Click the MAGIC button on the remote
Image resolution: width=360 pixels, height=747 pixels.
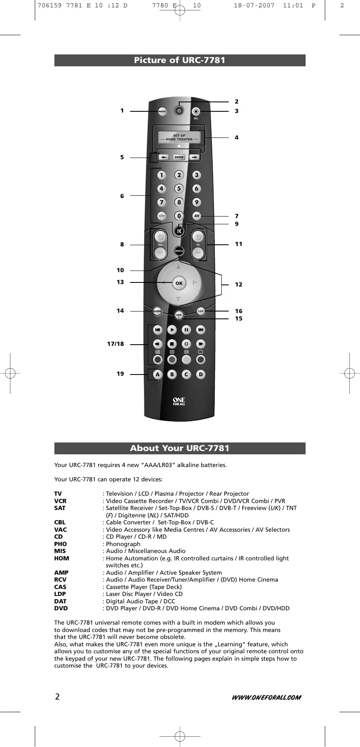pyautogui.click(x=162, y=111)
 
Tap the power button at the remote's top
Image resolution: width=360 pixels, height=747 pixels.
pyautogui.click(x=179, y=111)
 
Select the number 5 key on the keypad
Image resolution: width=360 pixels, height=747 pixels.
pyautogui.click(x=179, y=189)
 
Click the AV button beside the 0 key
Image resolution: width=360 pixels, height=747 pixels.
pyautogui.click(x=197, y=216)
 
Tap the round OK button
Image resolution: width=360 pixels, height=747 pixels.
pyautogui.click(x=179, y=283)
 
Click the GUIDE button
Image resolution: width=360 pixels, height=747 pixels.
pyautogui.click(x=157, y=311)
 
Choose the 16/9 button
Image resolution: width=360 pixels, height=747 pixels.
pyautogui.click(x=200, y=311)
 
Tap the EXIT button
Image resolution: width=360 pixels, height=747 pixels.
pyautogui.click(x=179, y=315)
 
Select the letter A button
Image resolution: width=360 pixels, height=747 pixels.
pyautogui.click(x=157, y=375)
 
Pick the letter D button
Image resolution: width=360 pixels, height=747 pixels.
pyautogui.click(x=200, y=375)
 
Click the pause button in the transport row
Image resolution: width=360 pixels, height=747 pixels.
pyautogui.click(x=186, y=330)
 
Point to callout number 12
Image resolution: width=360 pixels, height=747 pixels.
pyautogui.click(x=239, y=284)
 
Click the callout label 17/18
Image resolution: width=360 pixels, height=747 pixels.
pyautogui.click(x=115, y=344)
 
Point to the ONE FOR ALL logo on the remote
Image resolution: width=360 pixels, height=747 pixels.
pyautogui.click(x=179, y=402)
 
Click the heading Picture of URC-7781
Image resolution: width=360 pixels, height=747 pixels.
pyautogui.click(x=180, y=60)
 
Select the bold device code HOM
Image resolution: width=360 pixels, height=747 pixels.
pyautogui.click(x=62, y=558)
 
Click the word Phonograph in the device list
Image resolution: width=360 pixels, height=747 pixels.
pyautogui.click(x=123, y=544)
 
